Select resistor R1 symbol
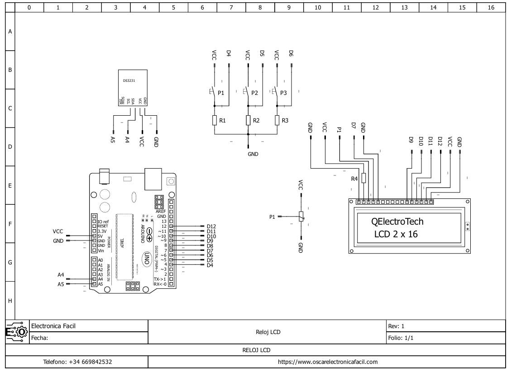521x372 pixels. pos(215,120)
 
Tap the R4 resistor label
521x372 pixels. pos(355,179)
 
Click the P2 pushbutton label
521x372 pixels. pos(254,93)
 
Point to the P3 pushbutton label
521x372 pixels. pos(283,93)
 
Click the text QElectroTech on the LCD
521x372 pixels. pos(397,221)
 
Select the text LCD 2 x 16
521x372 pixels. pos(396,234)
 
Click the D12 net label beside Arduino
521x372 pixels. pos(211,226)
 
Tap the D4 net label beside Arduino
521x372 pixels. pos(210,265)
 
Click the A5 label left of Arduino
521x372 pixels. pos(61,284)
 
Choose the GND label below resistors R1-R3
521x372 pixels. pos(253,154)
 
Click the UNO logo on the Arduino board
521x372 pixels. pos(147,259)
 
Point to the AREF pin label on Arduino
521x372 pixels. pos(161,212)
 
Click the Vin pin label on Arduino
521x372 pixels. pos(101,250)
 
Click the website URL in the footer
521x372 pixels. pos(328,362)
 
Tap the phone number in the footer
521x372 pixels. pos(77,362)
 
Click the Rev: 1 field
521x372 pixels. pos(396,326)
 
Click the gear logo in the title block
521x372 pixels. pos(17,332)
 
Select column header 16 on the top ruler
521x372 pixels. pos(491,7)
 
